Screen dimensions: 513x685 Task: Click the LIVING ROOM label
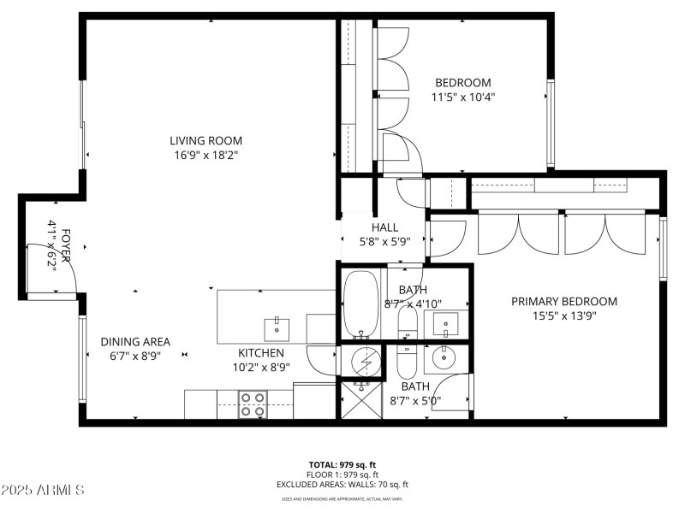click(205, 141)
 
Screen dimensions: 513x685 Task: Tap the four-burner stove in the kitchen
click(252, 404)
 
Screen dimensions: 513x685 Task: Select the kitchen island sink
click(277, 326)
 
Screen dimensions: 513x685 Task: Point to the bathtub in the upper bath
click(365, 304)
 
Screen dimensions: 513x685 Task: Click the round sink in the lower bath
click(445, 357)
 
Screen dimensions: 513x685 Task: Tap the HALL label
click(385, 227)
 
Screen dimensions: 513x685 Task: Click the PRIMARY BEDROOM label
click(564, 301)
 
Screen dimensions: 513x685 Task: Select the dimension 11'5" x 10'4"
click(463, 97)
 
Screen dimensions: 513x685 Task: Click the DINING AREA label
click(135, 339)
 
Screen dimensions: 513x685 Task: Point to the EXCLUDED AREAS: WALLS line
click(342, 485)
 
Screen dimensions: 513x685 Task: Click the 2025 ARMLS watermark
click(43, 490)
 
